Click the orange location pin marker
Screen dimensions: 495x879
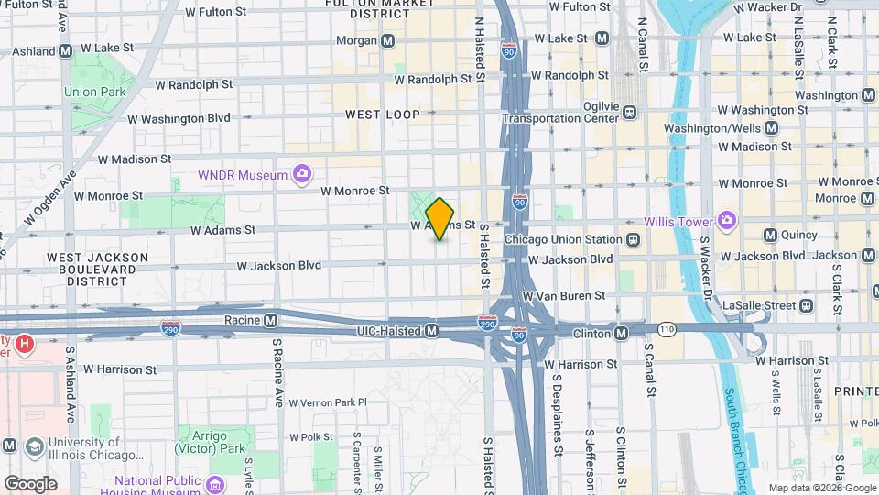[440, 219]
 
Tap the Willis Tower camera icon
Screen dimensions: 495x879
[727, 220]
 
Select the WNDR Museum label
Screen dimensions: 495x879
[243, 174]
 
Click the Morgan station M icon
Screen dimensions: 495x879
[388, 41]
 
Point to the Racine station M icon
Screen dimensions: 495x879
[270, 322]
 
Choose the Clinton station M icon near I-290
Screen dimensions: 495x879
[622, 334]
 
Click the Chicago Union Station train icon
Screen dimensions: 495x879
[632, 240]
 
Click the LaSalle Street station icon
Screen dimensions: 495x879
[806, 305]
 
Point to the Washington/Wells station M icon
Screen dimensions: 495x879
[771, 129]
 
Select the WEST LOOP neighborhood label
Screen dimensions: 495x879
[383, 115]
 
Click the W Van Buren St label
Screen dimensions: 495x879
[563, 296]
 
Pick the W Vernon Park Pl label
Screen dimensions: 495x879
[327, 402]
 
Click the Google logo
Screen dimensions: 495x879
[30, 483]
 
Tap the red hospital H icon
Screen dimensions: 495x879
[25, 345]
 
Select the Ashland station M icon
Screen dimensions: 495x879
[65, 52]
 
